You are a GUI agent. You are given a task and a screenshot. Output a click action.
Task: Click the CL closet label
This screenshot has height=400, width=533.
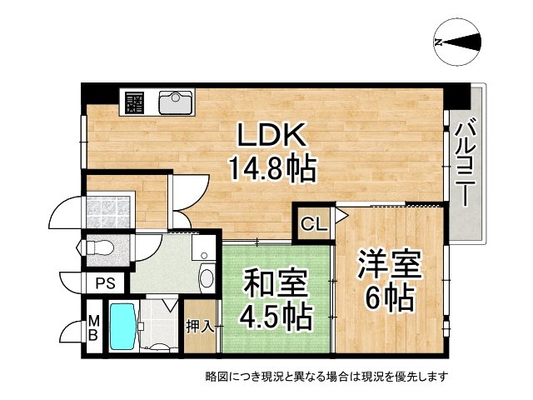pyautogui.click(x=313, y=223)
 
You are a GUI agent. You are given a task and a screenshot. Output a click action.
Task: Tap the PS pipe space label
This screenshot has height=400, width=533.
pyautogui.click(x=105, y=283)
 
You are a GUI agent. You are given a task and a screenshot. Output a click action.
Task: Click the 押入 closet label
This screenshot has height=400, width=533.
pyautogui.click(x=200, y=325)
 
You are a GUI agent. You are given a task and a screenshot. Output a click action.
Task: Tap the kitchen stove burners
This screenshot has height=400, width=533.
pyautogui.click(x=133, y=103)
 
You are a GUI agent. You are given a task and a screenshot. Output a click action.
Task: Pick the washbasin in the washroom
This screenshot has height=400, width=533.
pyautogui.click(x=207, y=275)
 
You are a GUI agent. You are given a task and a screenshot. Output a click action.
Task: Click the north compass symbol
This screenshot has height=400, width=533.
pyautogui.click(x=456, y=42)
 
